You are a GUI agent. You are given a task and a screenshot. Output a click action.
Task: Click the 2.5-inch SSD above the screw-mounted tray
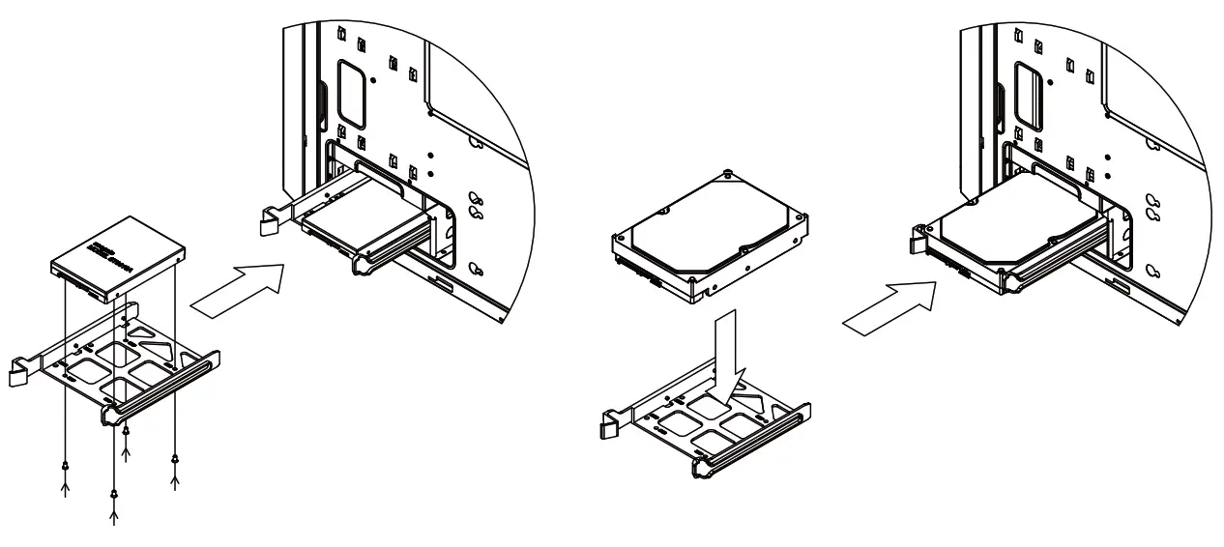click(x=117, y=253)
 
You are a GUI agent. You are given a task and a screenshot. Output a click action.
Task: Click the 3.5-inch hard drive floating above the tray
click(x=710, y=236)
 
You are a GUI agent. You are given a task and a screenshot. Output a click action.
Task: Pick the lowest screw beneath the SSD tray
click(x=115, y=495)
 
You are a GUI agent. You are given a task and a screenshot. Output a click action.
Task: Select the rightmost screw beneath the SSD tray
click(x=175, y=457)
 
